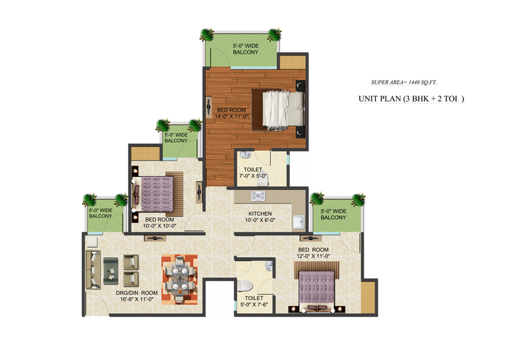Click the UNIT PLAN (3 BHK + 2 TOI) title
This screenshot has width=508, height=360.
[x=411, y=98]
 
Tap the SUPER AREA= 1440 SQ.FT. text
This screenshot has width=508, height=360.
[x=404, y=83]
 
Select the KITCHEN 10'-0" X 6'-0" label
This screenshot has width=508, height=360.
[x=260, y=217]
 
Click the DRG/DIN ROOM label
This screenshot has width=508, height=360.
[x=137, y=296]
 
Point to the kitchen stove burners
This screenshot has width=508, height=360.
[x=258, y=196]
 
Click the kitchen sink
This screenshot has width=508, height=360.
[x=298, y=222]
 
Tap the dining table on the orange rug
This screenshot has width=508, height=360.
[x=179, y=279]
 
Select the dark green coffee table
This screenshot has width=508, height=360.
[x=110, y=270]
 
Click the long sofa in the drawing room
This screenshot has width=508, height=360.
[x=93, y=269]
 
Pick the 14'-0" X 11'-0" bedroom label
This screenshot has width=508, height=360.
[x=231, y=113]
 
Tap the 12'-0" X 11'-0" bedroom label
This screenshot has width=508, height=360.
[x=313, y=253]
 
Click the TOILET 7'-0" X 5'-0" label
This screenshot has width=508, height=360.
[x=253, y=173]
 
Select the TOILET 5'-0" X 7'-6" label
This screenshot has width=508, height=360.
[x=254, y=301]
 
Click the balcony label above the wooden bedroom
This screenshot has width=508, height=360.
[x=246, y=49]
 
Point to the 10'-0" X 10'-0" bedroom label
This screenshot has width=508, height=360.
[x=159, y=223]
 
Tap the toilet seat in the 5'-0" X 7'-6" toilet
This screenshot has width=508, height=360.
[x=244, y=286]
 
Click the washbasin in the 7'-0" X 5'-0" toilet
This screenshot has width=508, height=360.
[x=246, y=154]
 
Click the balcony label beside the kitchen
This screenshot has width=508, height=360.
[x=333, y=215]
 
